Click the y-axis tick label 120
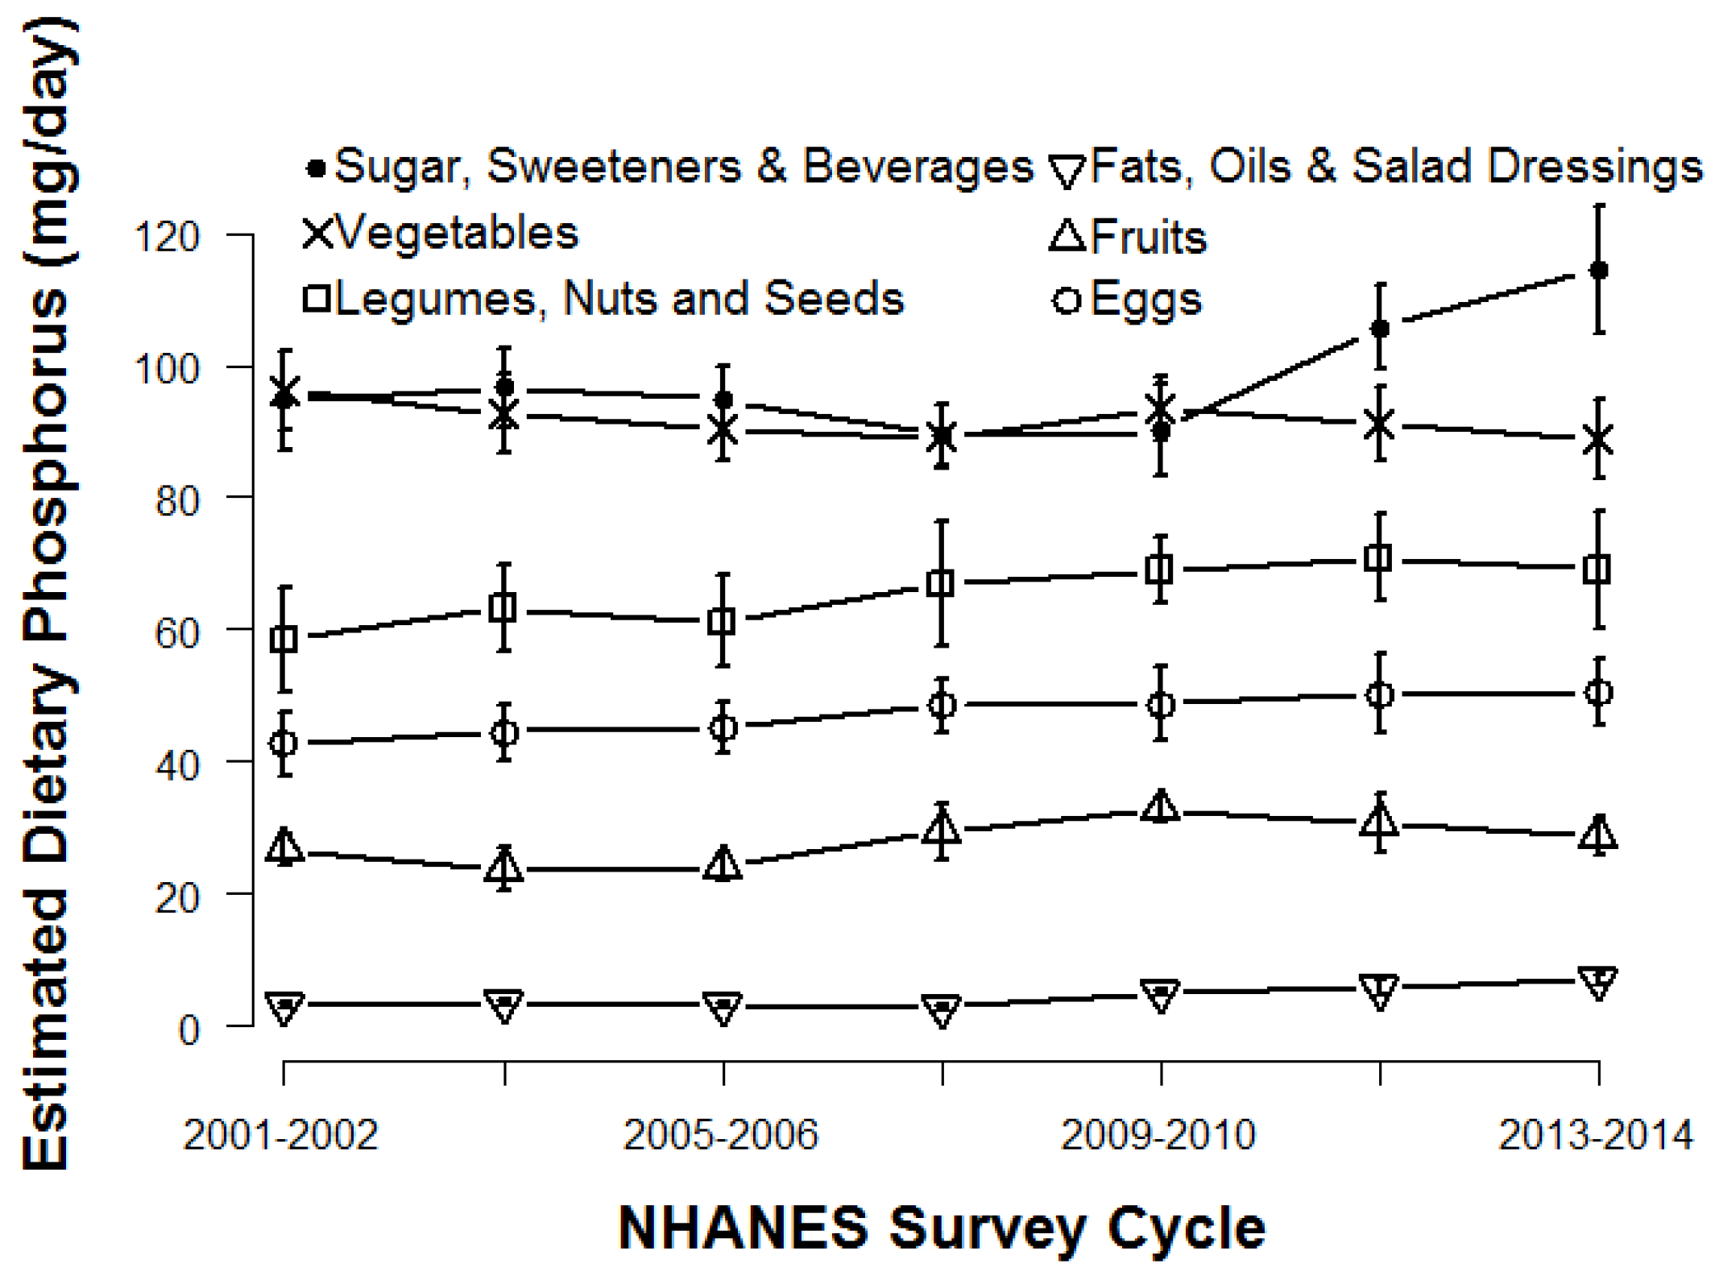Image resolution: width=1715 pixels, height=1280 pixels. coord(166,238)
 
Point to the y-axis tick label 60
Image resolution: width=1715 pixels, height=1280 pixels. coord(176,634)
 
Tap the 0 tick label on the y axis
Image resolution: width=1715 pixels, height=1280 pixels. coord(188,1030)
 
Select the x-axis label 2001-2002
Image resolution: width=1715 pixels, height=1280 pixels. coord(280,1135)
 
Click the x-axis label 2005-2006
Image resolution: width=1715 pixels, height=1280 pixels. coord(720,1135)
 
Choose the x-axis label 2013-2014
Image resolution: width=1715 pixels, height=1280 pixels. coord(1595,1135)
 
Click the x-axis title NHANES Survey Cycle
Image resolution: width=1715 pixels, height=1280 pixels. coord(941,1228)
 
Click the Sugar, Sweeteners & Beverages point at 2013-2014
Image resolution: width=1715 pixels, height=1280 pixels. coord(1599,270)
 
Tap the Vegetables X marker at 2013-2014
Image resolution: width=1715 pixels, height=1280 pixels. coord(1598,440)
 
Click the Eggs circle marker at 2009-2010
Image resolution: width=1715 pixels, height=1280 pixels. coord(1160,705)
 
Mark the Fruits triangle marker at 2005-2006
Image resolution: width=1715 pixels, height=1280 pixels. coord(723,864)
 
